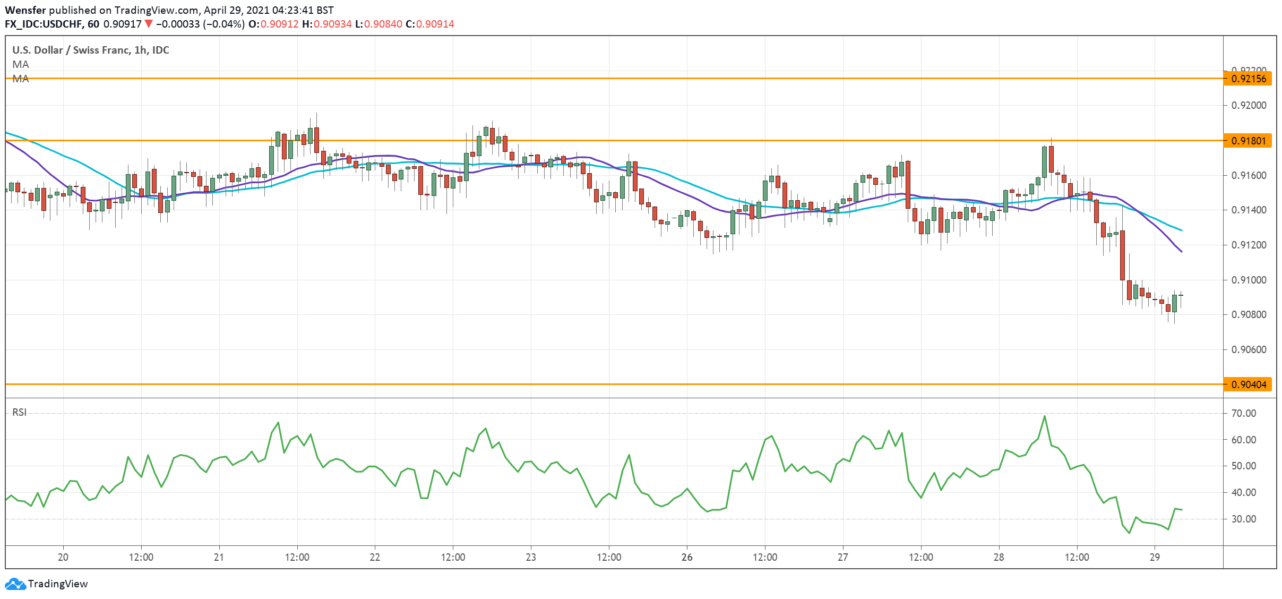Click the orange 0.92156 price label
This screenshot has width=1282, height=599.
pos(1248,79)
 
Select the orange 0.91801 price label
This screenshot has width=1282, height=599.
pos(1248,141)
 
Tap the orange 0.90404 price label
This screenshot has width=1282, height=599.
pos(1248,384)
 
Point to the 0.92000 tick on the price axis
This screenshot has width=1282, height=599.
pos(1249,105)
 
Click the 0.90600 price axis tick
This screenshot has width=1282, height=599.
pos(1249,349)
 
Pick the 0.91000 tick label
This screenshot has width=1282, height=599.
pos(1249,280)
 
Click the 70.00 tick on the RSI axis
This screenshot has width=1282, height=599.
pos(1243,413)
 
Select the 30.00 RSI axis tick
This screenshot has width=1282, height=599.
pos(1243,519)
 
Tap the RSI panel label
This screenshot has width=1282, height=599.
pos(19,412)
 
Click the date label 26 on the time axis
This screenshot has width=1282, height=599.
pos(687,557)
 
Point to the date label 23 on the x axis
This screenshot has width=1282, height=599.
pos(531,557)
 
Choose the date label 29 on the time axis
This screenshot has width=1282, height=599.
pos(1155,557)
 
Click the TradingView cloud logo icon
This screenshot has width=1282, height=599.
pos(15,584)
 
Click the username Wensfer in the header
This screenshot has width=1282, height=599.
pos(25,10)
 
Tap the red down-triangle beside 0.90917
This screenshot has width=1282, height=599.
pos(149,24)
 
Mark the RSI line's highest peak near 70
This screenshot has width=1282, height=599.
pos(1045,416)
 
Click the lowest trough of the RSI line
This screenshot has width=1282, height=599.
pos(1129,533)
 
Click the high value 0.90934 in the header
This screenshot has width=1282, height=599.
pos(332,24)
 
